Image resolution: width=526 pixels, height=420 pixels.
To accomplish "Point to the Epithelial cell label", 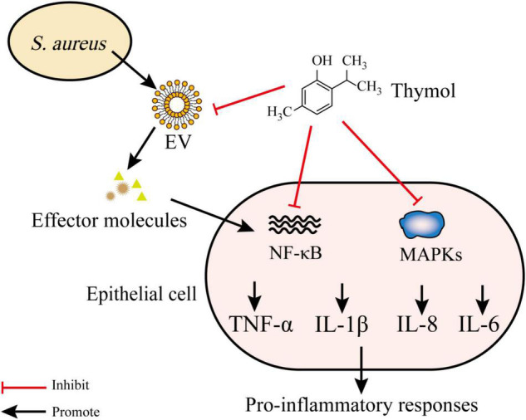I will (132, 295).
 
